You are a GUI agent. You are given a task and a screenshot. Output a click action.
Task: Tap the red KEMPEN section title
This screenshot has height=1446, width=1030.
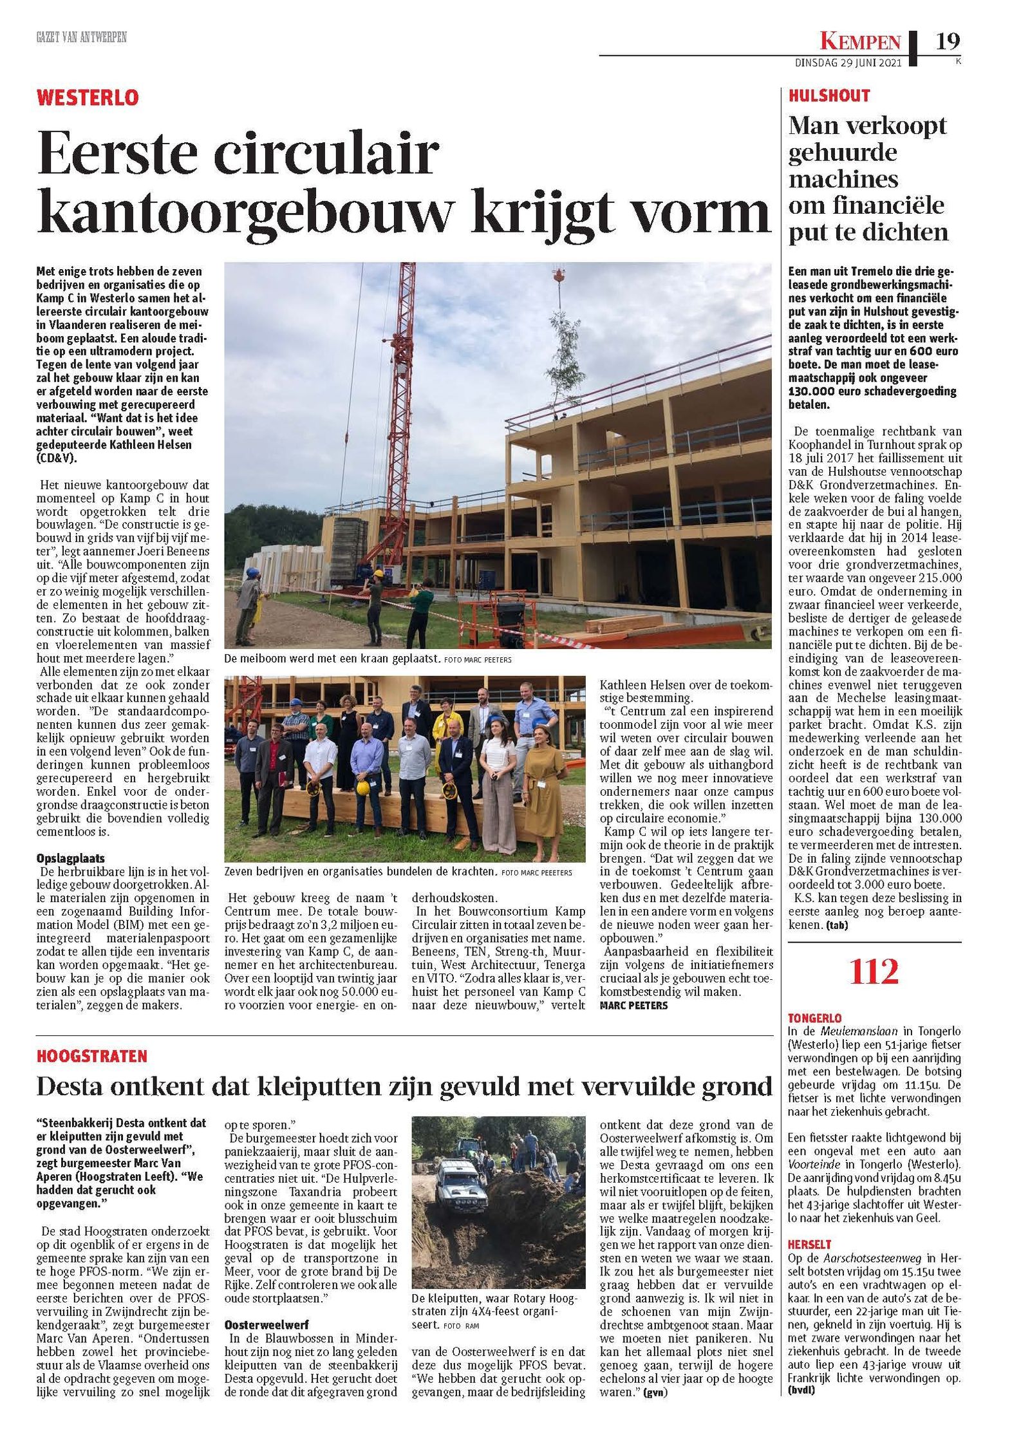[860, 42]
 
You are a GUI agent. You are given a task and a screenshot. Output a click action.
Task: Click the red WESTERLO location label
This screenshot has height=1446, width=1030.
[88, 98]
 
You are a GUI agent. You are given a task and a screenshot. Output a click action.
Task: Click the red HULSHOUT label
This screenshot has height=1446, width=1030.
[829, 96]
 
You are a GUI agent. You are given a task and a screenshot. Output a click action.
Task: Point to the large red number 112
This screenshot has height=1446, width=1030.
[874, 972]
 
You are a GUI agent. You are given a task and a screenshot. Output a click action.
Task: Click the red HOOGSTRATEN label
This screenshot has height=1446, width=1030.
[92, 1056]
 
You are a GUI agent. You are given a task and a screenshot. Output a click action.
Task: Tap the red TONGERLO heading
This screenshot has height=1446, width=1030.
[814, 1019]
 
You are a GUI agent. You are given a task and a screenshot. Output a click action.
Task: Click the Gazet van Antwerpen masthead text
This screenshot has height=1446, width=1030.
[81, 38]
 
